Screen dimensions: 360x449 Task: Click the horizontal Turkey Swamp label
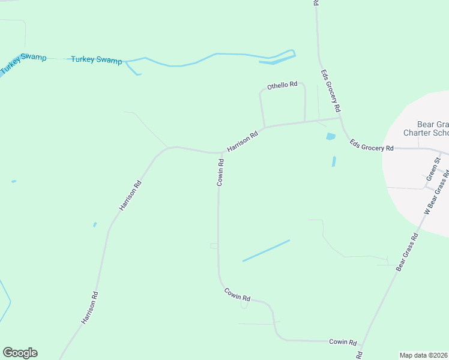click(96, 60)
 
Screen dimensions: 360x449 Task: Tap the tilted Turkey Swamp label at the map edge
click(23, 62)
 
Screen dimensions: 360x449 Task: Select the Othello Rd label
click(282, 85)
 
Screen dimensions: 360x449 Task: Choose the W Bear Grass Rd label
click(437, 192)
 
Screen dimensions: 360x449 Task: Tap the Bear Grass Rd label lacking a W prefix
click(406, 252)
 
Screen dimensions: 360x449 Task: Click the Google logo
click(20, 353)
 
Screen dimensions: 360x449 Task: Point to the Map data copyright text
click(424, 355)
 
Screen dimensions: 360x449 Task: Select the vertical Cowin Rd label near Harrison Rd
click(220, 172)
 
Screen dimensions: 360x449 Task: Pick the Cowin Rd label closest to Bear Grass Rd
click(343, 341)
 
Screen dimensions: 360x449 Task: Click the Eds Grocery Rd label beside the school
click(372, 145)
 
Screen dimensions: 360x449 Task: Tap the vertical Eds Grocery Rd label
click(331, 91)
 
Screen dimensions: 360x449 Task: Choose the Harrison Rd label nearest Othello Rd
click(243, 142)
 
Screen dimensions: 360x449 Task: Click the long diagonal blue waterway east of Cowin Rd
click(266, 250)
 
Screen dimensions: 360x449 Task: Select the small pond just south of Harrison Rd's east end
click(330, 137)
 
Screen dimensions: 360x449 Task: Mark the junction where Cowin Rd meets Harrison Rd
click(220, 152)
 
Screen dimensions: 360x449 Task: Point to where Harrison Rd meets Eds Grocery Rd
click(340, 118)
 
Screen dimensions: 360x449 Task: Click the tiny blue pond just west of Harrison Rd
click(95, 225)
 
